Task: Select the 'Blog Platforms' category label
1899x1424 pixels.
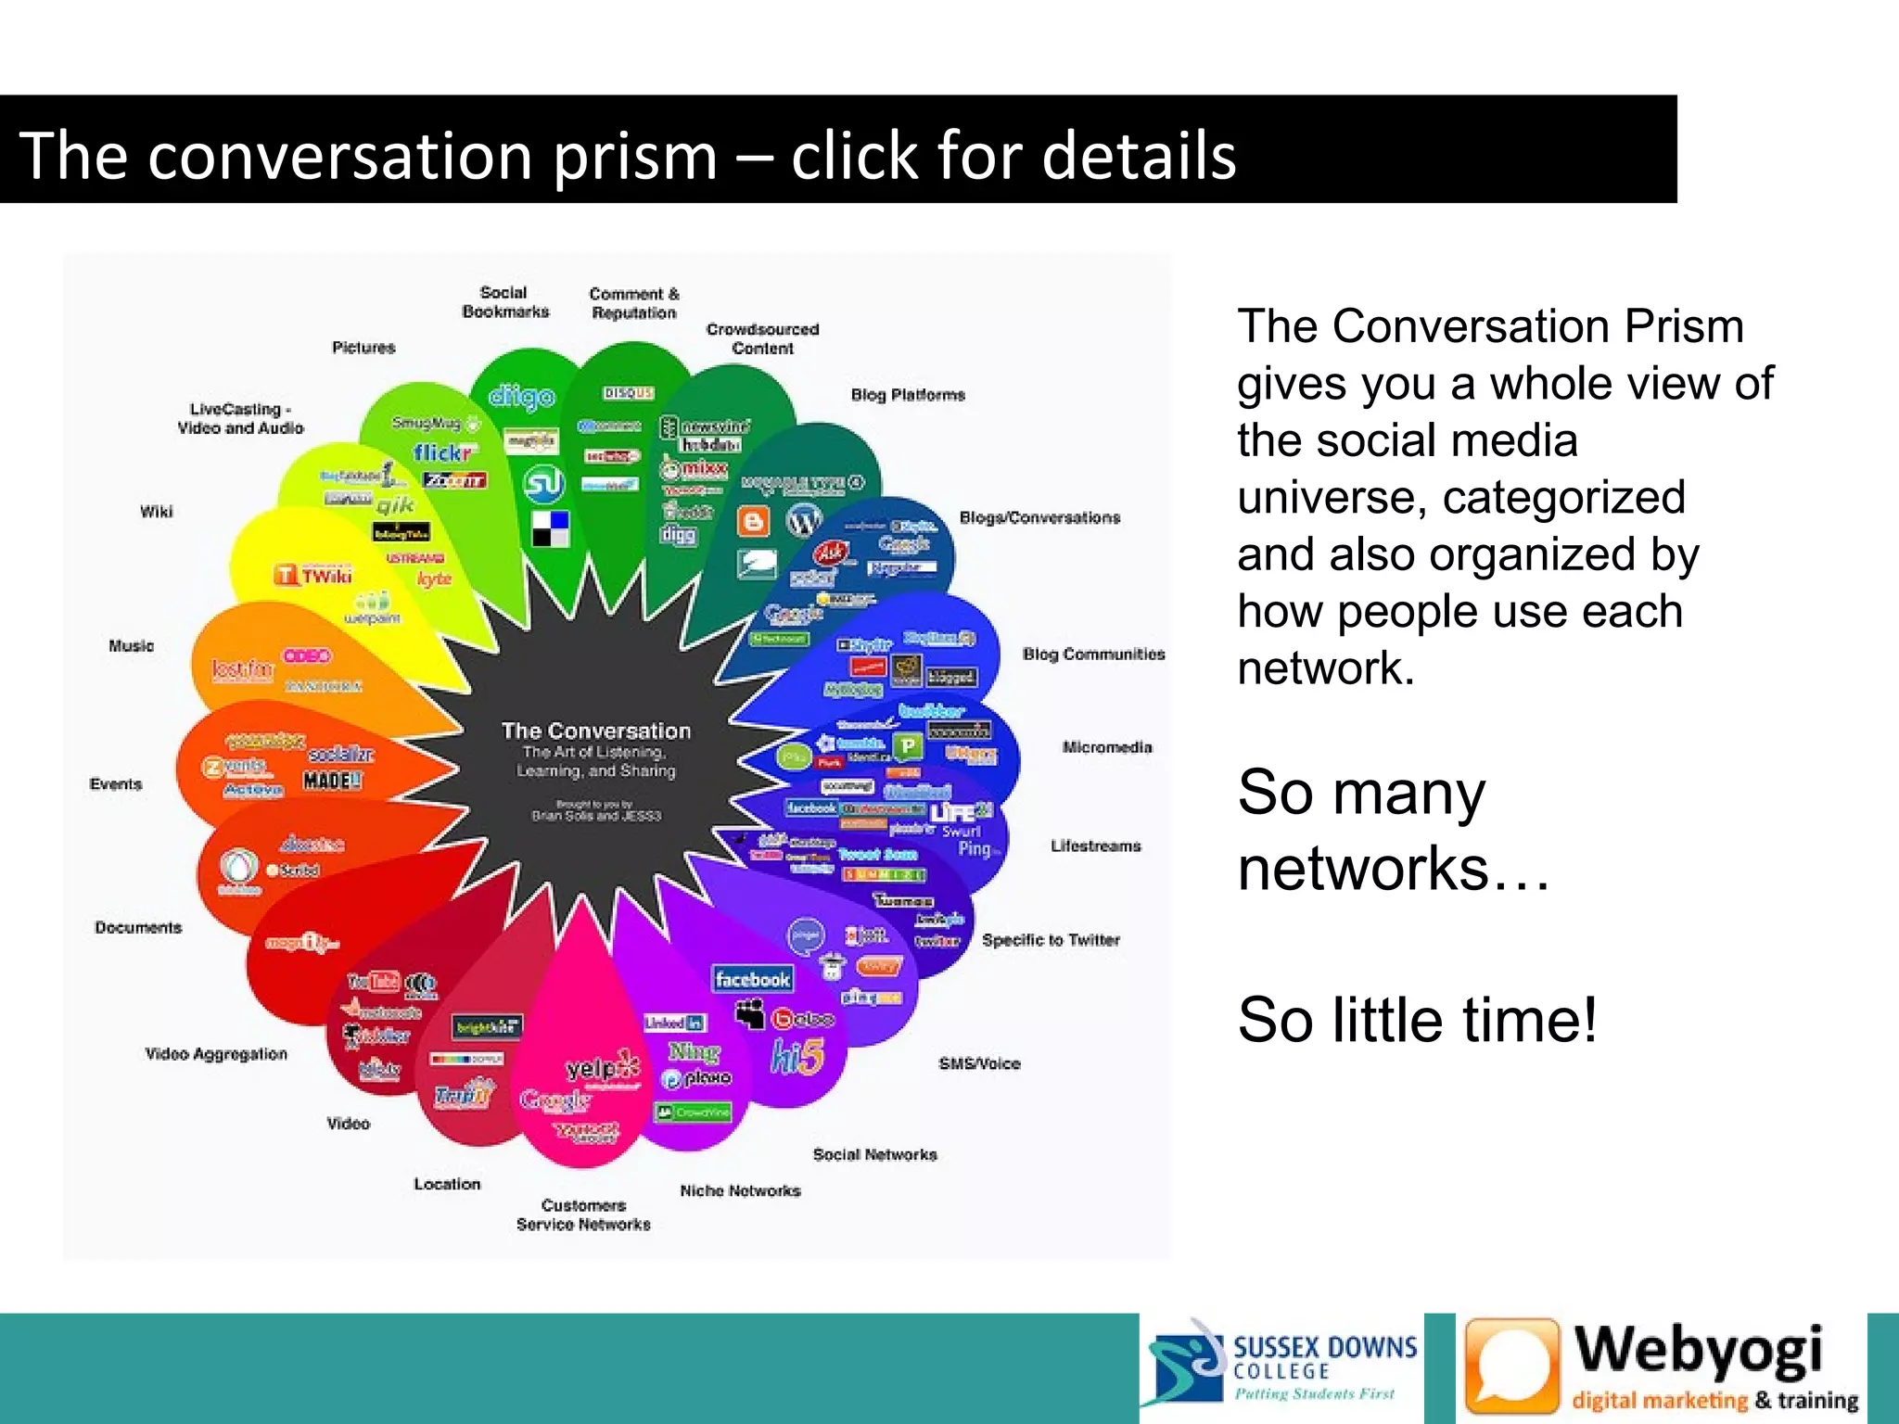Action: (x=908, y=395)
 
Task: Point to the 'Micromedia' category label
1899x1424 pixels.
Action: (x=1107, y=747)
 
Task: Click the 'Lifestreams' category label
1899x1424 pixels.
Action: (x=1095, y=845)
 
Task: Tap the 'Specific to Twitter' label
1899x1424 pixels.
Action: (x=1051, y=940)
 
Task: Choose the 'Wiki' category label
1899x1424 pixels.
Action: (x=156, y=512)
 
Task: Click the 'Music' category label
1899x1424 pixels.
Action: (x=131, y=646)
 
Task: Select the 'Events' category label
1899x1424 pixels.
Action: (x=116, y=784)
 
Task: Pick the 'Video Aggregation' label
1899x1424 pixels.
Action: (x=216, y=1054)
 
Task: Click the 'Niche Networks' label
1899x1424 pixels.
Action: (x=740, y=1191)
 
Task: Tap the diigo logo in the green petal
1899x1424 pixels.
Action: (x=521, y=397)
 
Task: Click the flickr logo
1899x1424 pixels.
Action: (x=443, y=452)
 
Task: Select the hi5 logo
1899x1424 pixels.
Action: (x=797, y=1056)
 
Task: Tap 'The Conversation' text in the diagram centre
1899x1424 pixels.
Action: (x=596, y=731)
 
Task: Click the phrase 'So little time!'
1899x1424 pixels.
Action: (x=1417, y=1020)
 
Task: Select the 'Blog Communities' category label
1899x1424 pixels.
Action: (x=1093, y=655)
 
